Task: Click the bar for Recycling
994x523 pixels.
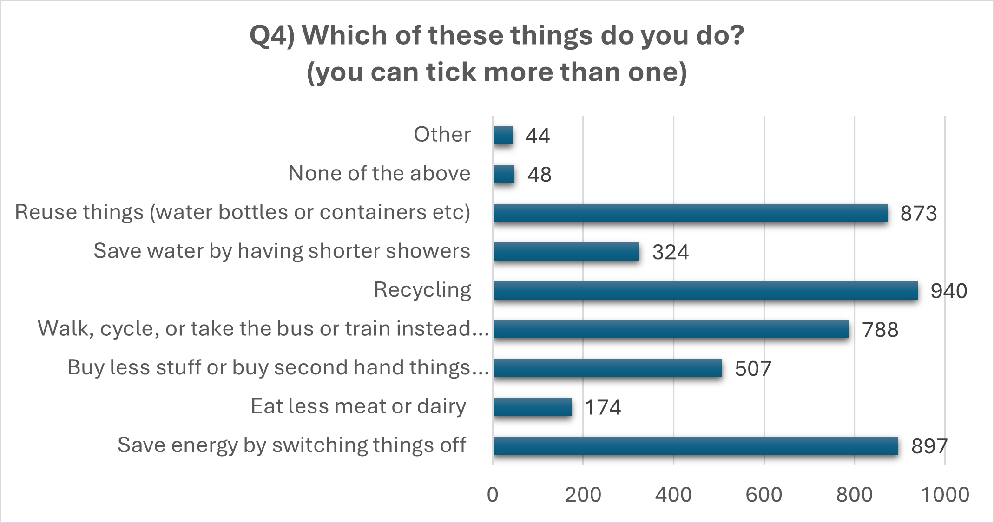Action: (705, 291)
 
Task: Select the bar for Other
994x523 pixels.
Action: (503, 136)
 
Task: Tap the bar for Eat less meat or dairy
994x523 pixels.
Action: (533, 407)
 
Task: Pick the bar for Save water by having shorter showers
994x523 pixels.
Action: (566, 252)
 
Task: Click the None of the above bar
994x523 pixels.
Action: (504, 174)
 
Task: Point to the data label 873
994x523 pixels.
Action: (918, 214)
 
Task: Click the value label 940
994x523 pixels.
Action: (948, 291)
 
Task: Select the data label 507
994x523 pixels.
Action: (753, 369)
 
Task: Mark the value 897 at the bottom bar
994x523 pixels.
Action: (929, 446)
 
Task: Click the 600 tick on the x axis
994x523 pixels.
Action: (764, 495)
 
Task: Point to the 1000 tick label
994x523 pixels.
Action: (945, 495)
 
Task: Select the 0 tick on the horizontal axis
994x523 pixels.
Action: (493, 495)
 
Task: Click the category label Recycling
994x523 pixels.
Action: (422, 290)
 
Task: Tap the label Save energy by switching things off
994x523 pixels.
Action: (291, 445)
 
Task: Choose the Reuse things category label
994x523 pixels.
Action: (242, 212)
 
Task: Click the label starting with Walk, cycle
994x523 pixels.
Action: (263, 329)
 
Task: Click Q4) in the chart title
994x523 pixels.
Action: (272, 36)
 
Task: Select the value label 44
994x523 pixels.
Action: (538, 136)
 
